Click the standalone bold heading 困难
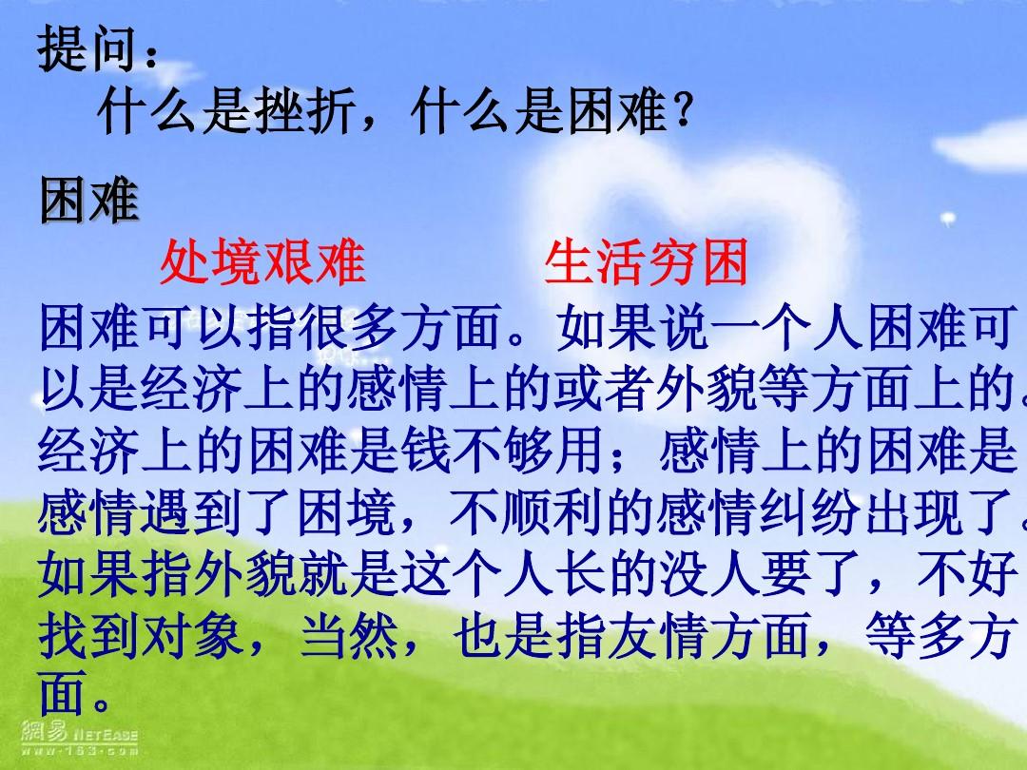pyautogui.click(x=88, y=201)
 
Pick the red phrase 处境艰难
pyautogui.click(x=262, y=262)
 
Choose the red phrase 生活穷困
pyautogui.click(x=647, y=262)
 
